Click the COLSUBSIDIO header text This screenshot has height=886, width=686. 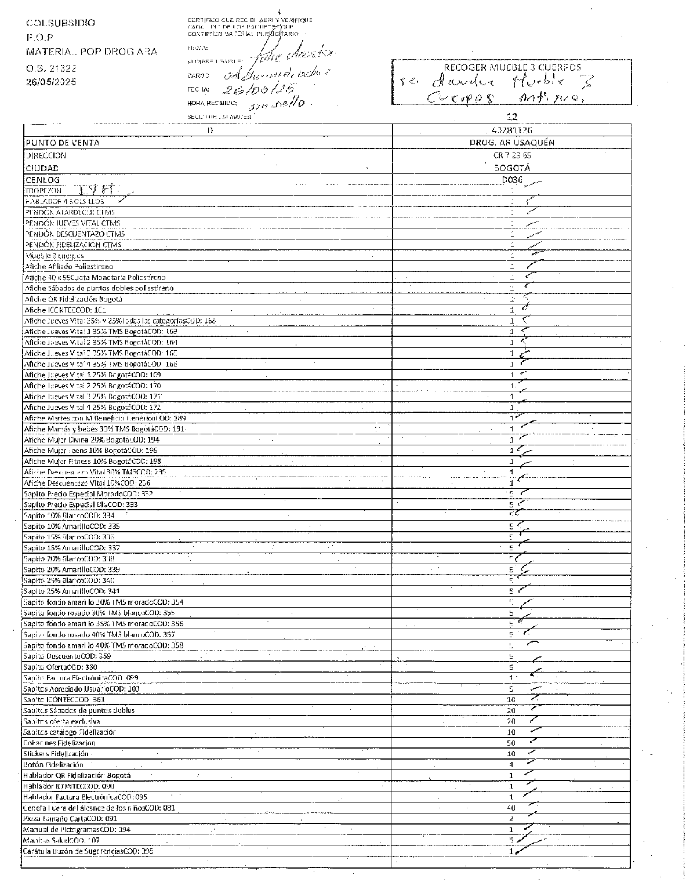[60, 23]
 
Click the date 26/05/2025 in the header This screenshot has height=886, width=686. [51, 82]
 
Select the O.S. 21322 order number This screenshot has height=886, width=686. [51, 68]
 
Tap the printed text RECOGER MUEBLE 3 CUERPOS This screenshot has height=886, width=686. [512, 67]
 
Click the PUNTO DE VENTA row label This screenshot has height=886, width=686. [62, 143]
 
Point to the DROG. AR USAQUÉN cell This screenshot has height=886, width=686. [511, 143]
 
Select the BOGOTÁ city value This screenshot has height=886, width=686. [511, 168]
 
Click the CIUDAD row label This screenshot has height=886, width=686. [42, 168]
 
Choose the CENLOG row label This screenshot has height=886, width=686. [42, 180]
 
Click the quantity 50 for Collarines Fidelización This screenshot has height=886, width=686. [511, 743]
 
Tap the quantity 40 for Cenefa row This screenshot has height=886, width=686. [511, 808]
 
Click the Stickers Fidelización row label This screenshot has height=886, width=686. [56, 754]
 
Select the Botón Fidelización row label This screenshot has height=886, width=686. [53, 765]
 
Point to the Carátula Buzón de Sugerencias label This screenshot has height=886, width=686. [88, 851]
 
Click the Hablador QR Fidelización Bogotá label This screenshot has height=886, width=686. [77, 775]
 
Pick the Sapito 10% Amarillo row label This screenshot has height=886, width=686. [71, 526]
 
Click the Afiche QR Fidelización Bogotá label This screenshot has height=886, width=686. [73, 299]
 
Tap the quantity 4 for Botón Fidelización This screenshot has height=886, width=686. [511, 765]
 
